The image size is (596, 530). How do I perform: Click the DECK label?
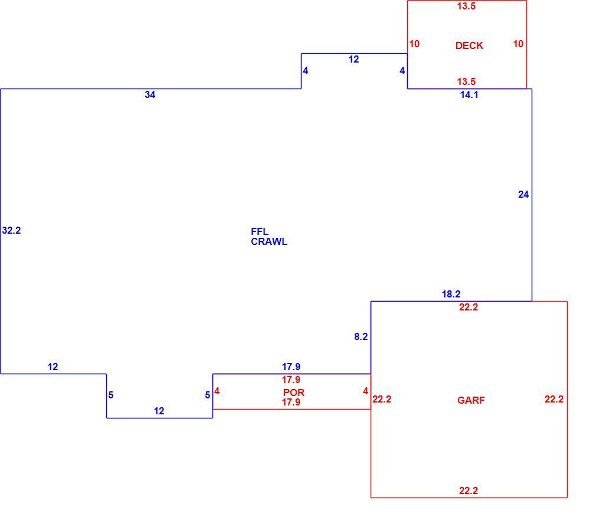coord(469,45)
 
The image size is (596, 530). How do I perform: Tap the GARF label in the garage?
coord(471,400)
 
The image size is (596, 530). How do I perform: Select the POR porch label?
coord(294,392)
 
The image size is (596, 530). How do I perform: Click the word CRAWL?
coord(269,241)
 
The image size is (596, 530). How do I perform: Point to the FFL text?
coord(260,231)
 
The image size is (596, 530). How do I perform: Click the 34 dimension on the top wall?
coord(150,94)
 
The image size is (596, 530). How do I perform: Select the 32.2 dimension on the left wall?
coord(11,230)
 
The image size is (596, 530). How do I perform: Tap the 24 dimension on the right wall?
coord(523,194)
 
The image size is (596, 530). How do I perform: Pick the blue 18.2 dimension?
coord(451,294)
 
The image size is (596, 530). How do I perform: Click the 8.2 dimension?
coord(361,336)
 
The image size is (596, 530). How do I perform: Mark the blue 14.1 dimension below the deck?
coord(469,94)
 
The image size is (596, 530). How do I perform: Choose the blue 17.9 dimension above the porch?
coord(291,367)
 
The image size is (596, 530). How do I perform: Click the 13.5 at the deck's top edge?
coord(466,6)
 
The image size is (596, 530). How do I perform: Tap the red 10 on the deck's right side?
coord(518,44)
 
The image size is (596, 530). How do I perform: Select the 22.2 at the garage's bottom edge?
coord(469,490)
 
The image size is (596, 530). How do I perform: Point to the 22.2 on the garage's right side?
coord(554,399)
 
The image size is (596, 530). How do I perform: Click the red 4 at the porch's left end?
coord(217,391)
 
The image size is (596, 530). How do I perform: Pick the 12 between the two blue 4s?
coord(354,59)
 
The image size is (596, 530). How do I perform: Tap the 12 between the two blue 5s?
coord(159,411)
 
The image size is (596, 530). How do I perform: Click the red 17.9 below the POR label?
coord(291,402)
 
